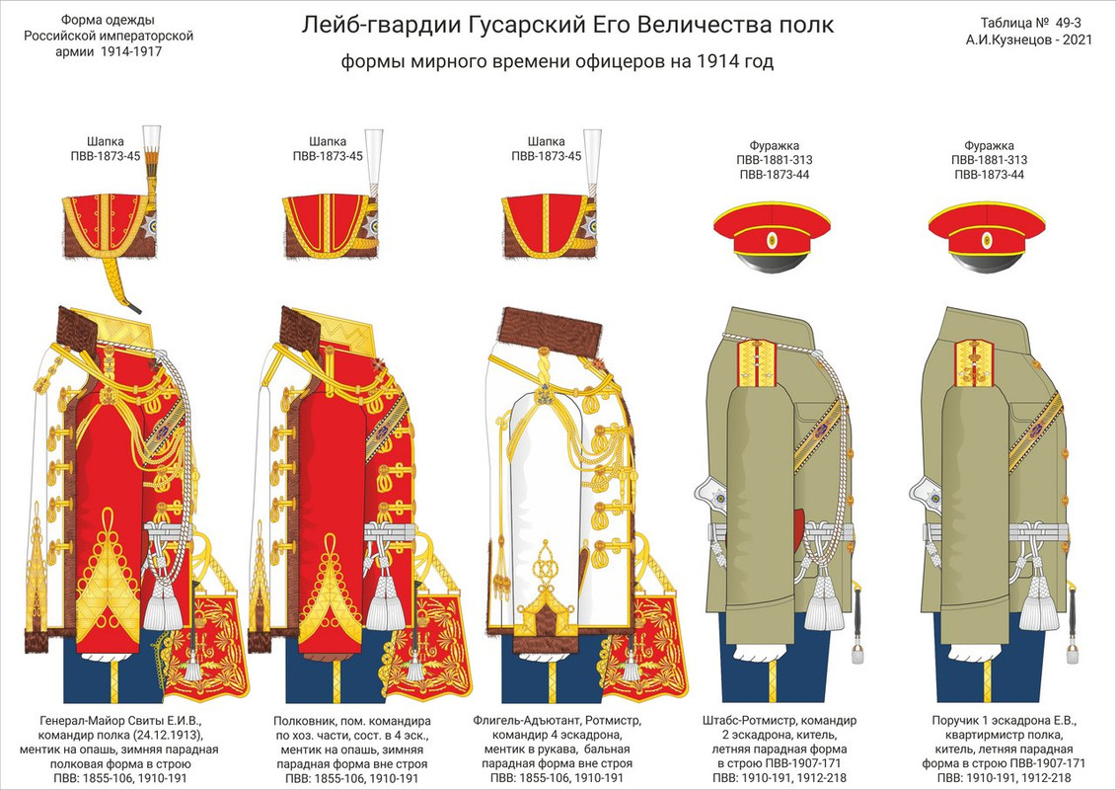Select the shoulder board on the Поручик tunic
coord(975,359)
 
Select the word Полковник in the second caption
coord(305,720)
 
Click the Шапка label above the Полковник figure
coord(328,141)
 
